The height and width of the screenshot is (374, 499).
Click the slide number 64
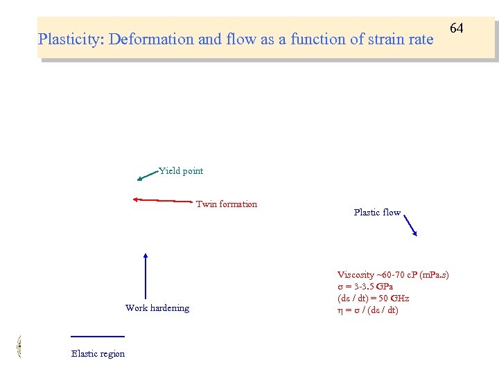point(456,28)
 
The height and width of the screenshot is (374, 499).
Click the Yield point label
point(181,171)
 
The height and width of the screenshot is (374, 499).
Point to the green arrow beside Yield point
point(148,175)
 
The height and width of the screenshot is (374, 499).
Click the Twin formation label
point(226,204)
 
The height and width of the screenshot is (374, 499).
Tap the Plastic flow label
point(376,213)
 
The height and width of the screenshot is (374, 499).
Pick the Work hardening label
point(157,308)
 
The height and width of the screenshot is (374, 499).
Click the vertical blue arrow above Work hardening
point(146,276)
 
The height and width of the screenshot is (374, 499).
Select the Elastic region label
point(98,354)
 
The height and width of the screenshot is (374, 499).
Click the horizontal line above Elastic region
point(97,337)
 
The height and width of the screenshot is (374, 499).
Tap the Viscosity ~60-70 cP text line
point(392,275)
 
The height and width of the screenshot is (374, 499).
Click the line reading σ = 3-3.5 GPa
point(365,287)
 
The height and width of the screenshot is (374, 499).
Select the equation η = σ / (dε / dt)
point(368,310)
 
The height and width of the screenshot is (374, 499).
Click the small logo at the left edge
point(19,346)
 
